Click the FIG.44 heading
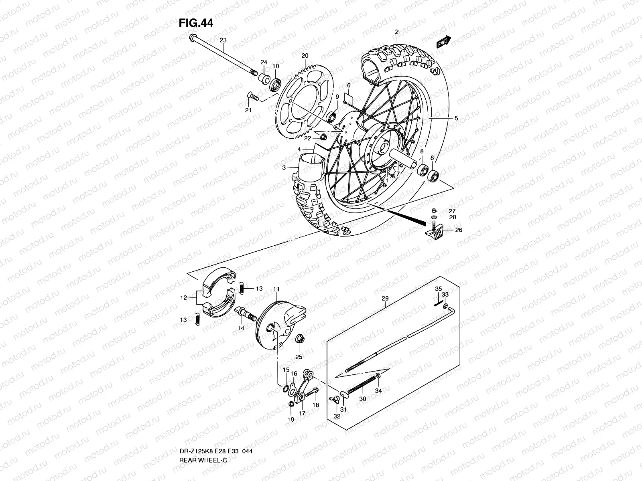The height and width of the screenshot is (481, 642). click(x=196, y=23)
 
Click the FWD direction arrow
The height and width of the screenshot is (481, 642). click(x=444, y=42)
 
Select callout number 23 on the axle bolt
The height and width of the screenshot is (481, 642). click(x=223, y=40)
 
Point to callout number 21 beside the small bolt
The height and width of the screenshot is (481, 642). click(x=248, y=110)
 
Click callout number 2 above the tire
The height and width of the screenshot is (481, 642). click(x=396, y=32)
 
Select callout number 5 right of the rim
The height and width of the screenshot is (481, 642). click(x=456, y=119)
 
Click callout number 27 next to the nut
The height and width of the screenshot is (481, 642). click(x=452, y=211)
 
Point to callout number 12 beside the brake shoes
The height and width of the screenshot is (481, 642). click(x=184, y=298)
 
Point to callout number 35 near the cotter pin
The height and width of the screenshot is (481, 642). click(x=439, y=289)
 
